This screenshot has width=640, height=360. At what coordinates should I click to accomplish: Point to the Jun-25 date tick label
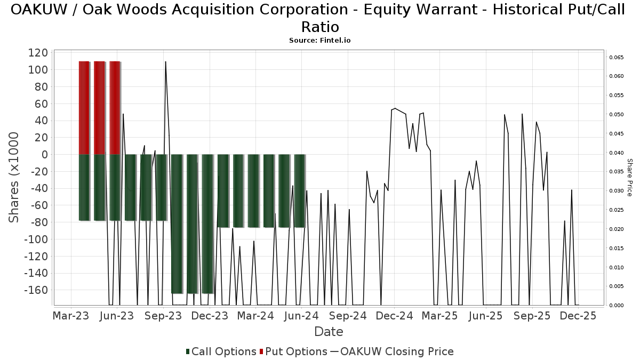click(486, 316)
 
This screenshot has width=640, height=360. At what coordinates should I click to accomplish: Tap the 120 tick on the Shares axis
click(39, 53)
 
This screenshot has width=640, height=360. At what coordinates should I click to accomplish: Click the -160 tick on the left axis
click(36, 290)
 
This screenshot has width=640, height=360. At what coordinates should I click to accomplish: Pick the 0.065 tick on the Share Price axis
click(616, 57)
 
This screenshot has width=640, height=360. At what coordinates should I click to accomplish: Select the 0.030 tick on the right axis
click(616, 191)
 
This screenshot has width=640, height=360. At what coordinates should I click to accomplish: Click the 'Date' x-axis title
click(329, 332)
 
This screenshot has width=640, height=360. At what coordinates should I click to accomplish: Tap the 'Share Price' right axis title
click(629, 177)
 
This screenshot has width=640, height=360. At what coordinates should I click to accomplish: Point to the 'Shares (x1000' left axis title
click(14, 178)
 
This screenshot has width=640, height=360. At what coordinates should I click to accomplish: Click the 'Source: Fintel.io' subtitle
click(319, 40)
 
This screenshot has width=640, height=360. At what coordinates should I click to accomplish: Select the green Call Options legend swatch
click(188, 352)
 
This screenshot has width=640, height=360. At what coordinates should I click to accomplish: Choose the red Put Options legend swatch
click(261, 352)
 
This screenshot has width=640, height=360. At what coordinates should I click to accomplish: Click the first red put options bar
click(84, 108)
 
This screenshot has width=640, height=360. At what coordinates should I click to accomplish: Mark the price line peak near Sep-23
click(165, 62)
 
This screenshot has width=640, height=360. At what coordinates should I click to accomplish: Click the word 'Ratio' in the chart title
click(320, 26)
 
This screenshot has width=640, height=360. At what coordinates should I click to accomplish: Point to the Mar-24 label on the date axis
click(255, 316)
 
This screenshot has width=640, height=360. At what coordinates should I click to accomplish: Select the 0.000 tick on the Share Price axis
click(616, 306)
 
